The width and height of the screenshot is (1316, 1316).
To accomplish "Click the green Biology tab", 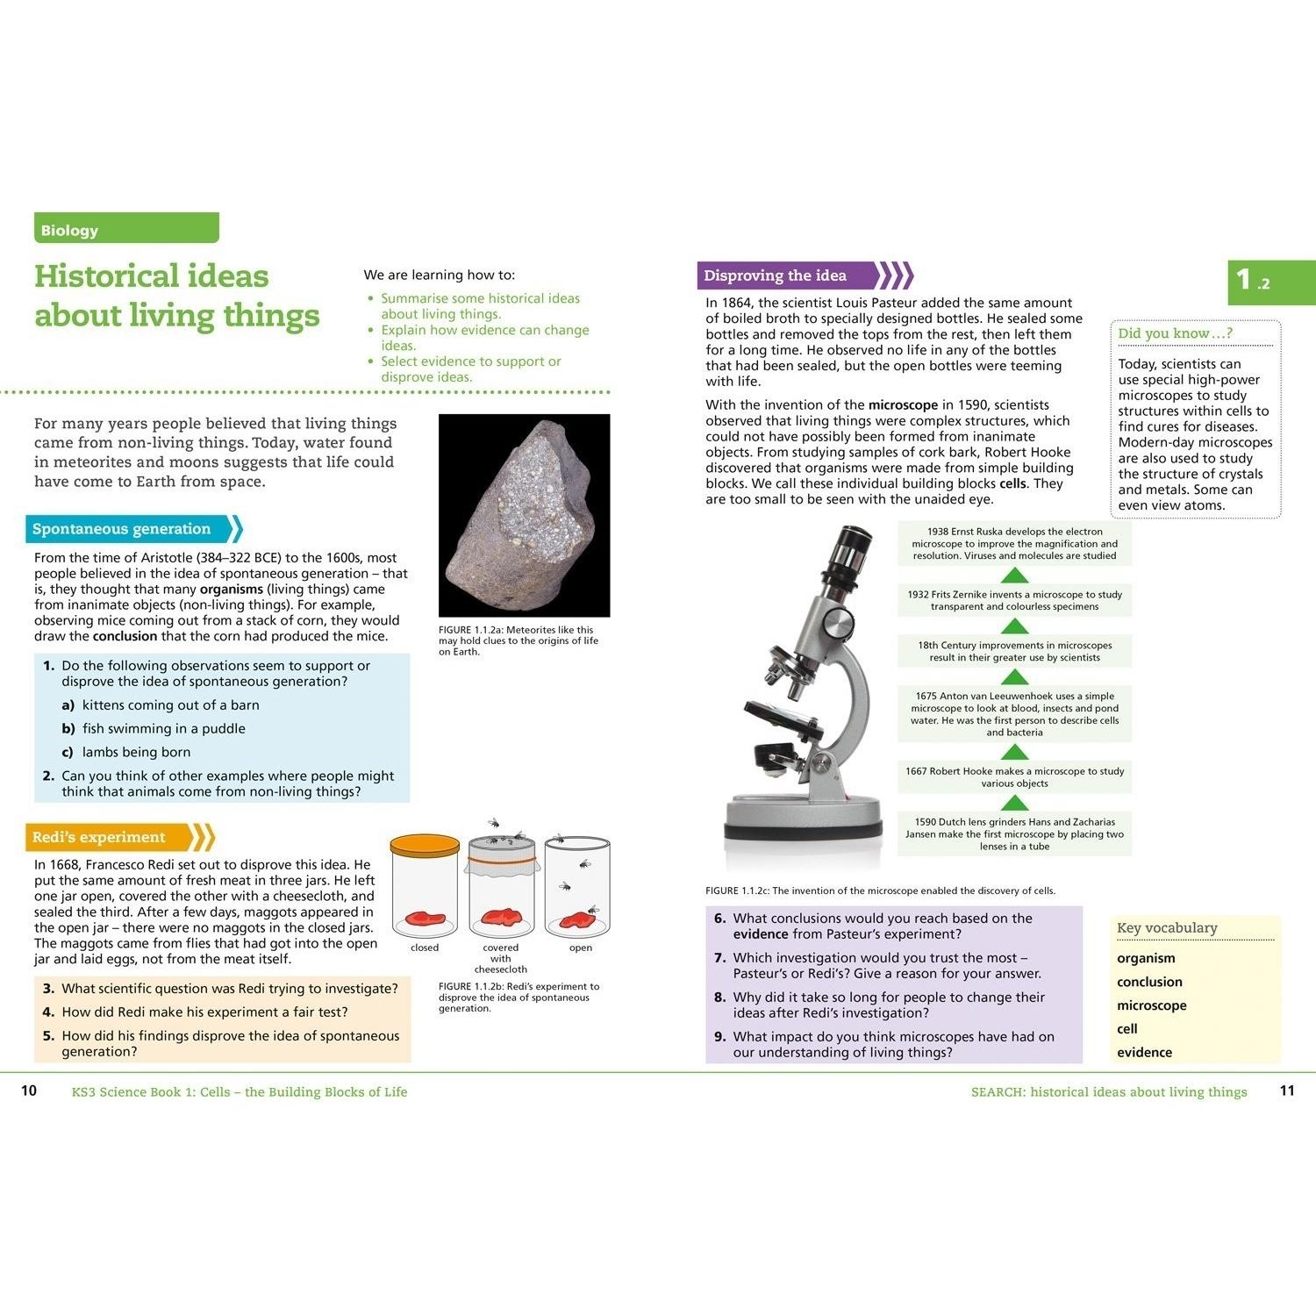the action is [x=126, y=228].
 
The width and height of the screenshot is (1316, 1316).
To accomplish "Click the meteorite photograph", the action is [x=524, y=515].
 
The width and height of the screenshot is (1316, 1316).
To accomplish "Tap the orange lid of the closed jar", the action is [x=425, y=847].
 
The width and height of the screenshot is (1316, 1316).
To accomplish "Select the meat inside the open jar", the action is [x=578, y=919].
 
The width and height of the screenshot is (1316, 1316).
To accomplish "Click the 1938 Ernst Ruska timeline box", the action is [x=1014, y=544].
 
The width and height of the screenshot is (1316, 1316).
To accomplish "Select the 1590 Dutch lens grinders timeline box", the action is [x=1014, y=834].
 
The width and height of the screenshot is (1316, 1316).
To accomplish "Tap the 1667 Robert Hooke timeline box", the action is [x=1014, y=777].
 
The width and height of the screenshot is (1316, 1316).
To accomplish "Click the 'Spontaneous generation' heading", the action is [x=122, y=529].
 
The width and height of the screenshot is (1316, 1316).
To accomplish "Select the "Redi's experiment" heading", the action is [x=98, y=837].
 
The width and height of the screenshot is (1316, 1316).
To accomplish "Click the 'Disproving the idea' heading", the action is [x=775, y=275].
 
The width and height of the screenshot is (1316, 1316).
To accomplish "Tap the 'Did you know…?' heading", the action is [x=1175, y=333].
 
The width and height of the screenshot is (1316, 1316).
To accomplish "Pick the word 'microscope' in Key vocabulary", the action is [x=1151, y=1005].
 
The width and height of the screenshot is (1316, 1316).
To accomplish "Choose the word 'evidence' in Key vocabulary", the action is [x=1144, y=1052].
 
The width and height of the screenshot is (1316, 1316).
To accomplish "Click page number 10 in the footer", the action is [x=29, y=1091].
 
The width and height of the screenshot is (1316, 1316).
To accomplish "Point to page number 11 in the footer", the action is [x=1287, y=1091].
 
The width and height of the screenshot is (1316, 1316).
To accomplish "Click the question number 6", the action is [x=719, y=919].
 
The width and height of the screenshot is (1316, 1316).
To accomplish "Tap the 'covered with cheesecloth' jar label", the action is [x=501, y=958].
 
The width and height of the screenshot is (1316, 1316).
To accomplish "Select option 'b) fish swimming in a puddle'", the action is [x=154, y=728].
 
